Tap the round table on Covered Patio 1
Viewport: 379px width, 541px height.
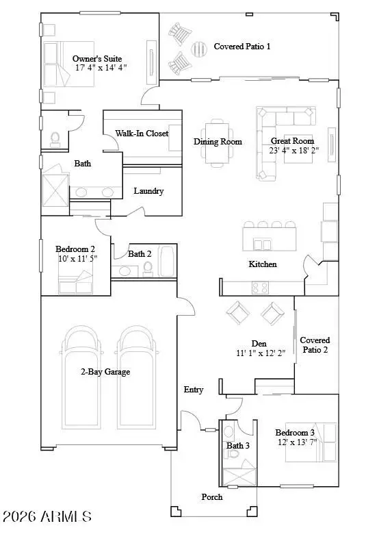click(198, 51)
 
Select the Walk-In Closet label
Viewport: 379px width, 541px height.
click(142, 134)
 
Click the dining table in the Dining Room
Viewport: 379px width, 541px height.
click(218, 142)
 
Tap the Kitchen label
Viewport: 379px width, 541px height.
click(262, 264)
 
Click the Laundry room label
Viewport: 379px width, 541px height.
click(148, 191)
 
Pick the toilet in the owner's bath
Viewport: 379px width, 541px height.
click(55, 139)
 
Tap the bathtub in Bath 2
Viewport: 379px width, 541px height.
click(166, 263)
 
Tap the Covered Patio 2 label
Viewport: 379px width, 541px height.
click(315, 344)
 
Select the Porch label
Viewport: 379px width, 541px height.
click(211, 496)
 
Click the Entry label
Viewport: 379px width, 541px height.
click(194, 390)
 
